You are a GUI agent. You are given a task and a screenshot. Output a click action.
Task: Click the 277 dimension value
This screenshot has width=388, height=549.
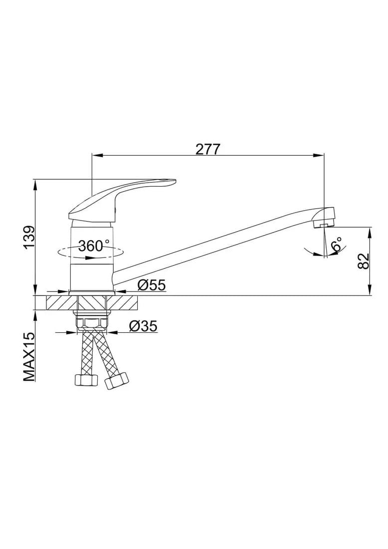207,150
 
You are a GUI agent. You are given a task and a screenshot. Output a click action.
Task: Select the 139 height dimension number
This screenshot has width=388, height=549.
29,238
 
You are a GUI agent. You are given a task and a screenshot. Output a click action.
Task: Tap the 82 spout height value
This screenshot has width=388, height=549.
364,261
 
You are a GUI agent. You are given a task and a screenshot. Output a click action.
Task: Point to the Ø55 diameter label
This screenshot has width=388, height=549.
152,285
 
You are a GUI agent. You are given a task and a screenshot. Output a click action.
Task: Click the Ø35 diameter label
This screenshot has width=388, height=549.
144,326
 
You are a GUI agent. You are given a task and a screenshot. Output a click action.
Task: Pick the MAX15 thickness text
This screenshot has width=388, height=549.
29,356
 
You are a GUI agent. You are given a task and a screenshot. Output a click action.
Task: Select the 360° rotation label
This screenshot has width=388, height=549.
94,246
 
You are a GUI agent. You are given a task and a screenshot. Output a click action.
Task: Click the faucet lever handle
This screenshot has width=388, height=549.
122,201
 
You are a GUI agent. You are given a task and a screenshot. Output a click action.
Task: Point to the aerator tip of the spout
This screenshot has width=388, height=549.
324,225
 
